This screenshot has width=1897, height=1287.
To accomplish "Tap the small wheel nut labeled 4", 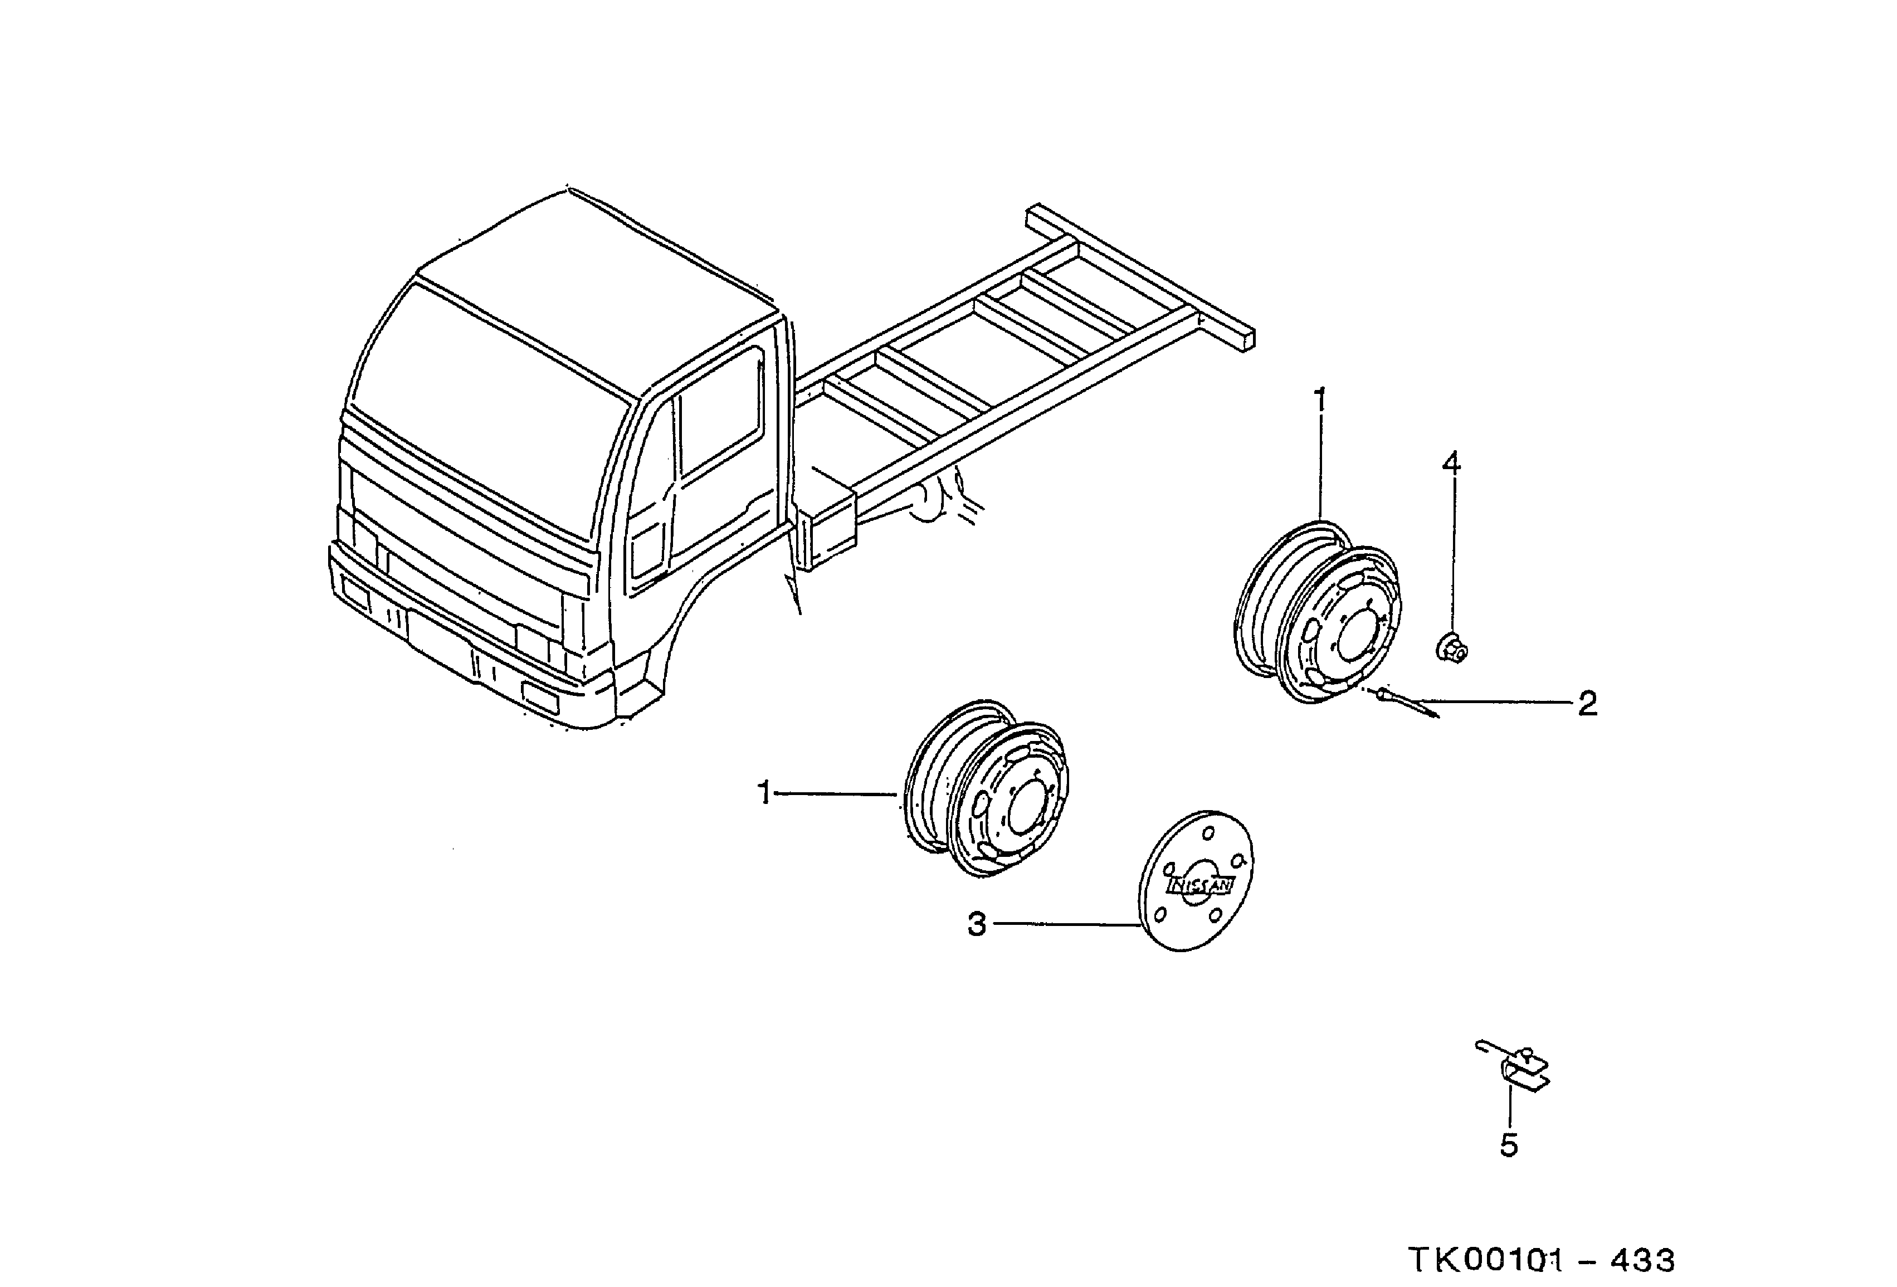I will (x=1451, y=649).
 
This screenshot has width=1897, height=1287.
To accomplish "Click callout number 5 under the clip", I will (x=1509, y=1146).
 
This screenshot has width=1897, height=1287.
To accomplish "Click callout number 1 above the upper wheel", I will (x=1320, y=402).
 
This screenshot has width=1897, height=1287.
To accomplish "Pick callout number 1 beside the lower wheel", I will (x=765, y=792).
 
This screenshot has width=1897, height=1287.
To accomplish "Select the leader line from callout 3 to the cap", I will (x=1061, y=924).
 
